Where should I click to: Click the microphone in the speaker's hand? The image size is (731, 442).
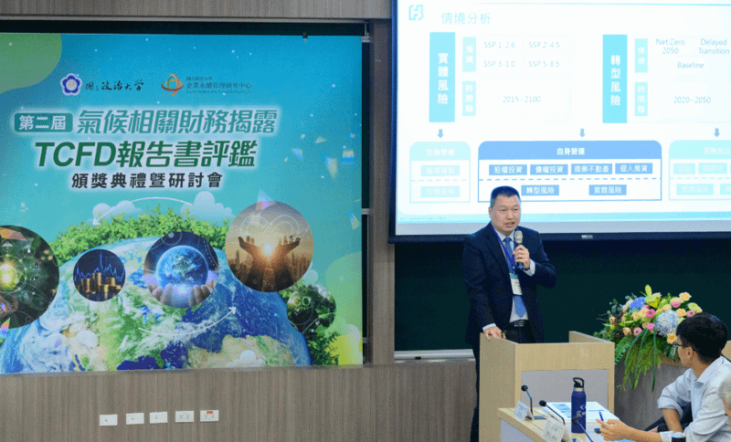click(518, 241)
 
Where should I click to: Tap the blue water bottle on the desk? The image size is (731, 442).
click(577, 405)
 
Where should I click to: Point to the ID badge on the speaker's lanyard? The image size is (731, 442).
click(516, 285)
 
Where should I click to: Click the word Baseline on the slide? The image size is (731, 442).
click(690, 66)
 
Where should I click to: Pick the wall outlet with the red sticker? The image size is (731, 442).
click(209, 416)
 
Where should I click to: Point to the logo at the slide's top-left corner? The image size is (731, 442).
click(415, 13)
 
